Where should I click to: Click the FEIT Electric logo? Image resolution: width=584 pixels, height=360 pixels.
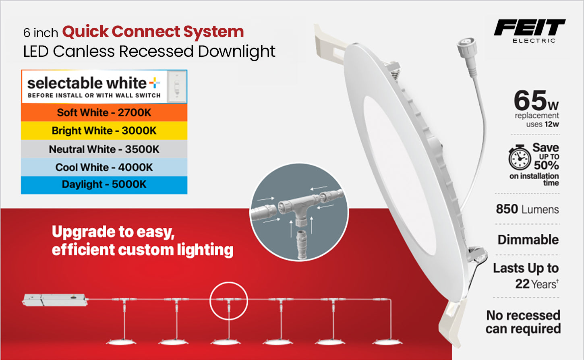(530, 31)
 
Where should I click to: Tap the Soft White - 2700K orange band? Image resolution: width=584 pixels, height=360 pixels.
(104, 113)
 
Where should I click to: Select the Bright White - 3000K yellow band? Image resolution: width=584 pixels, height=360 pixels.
(104, 130)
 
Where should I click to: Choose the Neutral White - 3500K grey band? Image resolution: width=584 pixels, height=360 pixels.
(104, 149)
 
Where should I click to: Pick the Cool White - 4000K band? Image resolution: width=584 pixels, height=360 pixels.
(104, 167)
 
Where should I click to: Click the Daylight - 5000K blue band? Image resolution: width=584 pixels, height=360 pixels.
(104, 185)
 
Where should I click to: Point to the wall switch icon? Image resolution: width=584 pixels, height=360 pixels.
(177, 87)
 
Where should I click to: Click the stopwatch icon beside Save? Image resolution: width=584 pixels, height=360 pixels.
(519, 157)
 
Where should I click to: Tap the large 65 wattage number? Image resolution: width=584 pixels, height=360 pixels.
(530, 101)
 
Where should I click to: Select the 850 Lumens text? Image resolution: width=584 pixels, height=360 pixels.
(527, 209)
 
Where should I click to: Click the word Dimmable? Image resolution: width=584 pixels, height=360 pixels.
(528, 240)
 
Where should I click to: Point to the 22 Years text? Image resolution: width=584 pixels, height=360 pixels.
(537, 284)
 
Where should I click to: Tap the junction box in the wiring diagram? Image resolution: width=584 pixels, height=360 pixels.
(55, 300)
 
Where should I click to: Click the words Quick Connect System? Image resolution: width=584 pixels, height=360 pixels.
(153, 32)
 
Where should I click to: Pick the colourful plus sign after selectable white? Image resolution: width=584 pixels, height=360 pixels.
(155, 83)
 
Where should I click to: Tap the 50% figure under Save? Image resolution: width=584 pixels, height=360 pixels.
(546, 165)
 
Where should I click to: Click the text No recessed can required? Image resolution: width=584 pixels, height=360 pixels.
(523, 322)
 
